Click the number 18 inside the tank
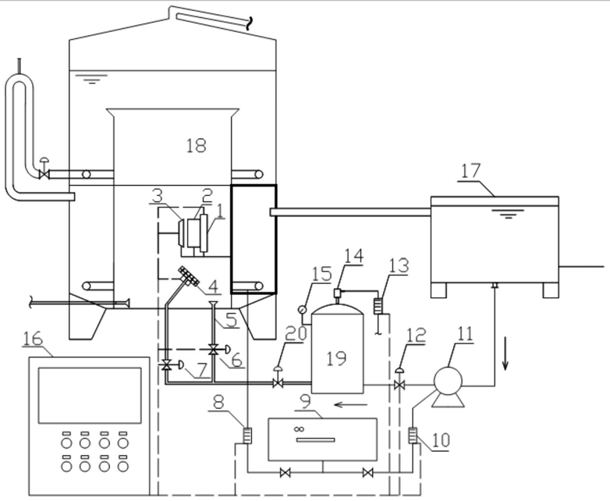click(x=196, y=146)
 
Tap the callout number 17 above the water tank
click(x=471, y=171)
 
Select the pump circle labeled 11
click(x=448, y=381)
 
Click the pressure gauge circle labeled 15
click(x=302, y=310)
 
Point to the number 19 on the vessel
click(x=336, y=358)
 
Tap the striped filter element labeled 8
click(x=247, y=435)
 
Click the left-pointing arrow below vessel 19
click(x=350, y=405)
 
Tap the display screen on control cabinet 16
click(x=90, y=395)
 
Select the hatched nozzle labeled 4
click(x=189, y=276)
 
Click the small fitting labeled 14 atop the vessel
click(x=337, y=293)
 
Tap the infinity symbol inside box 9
click(x=299, y=429)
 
